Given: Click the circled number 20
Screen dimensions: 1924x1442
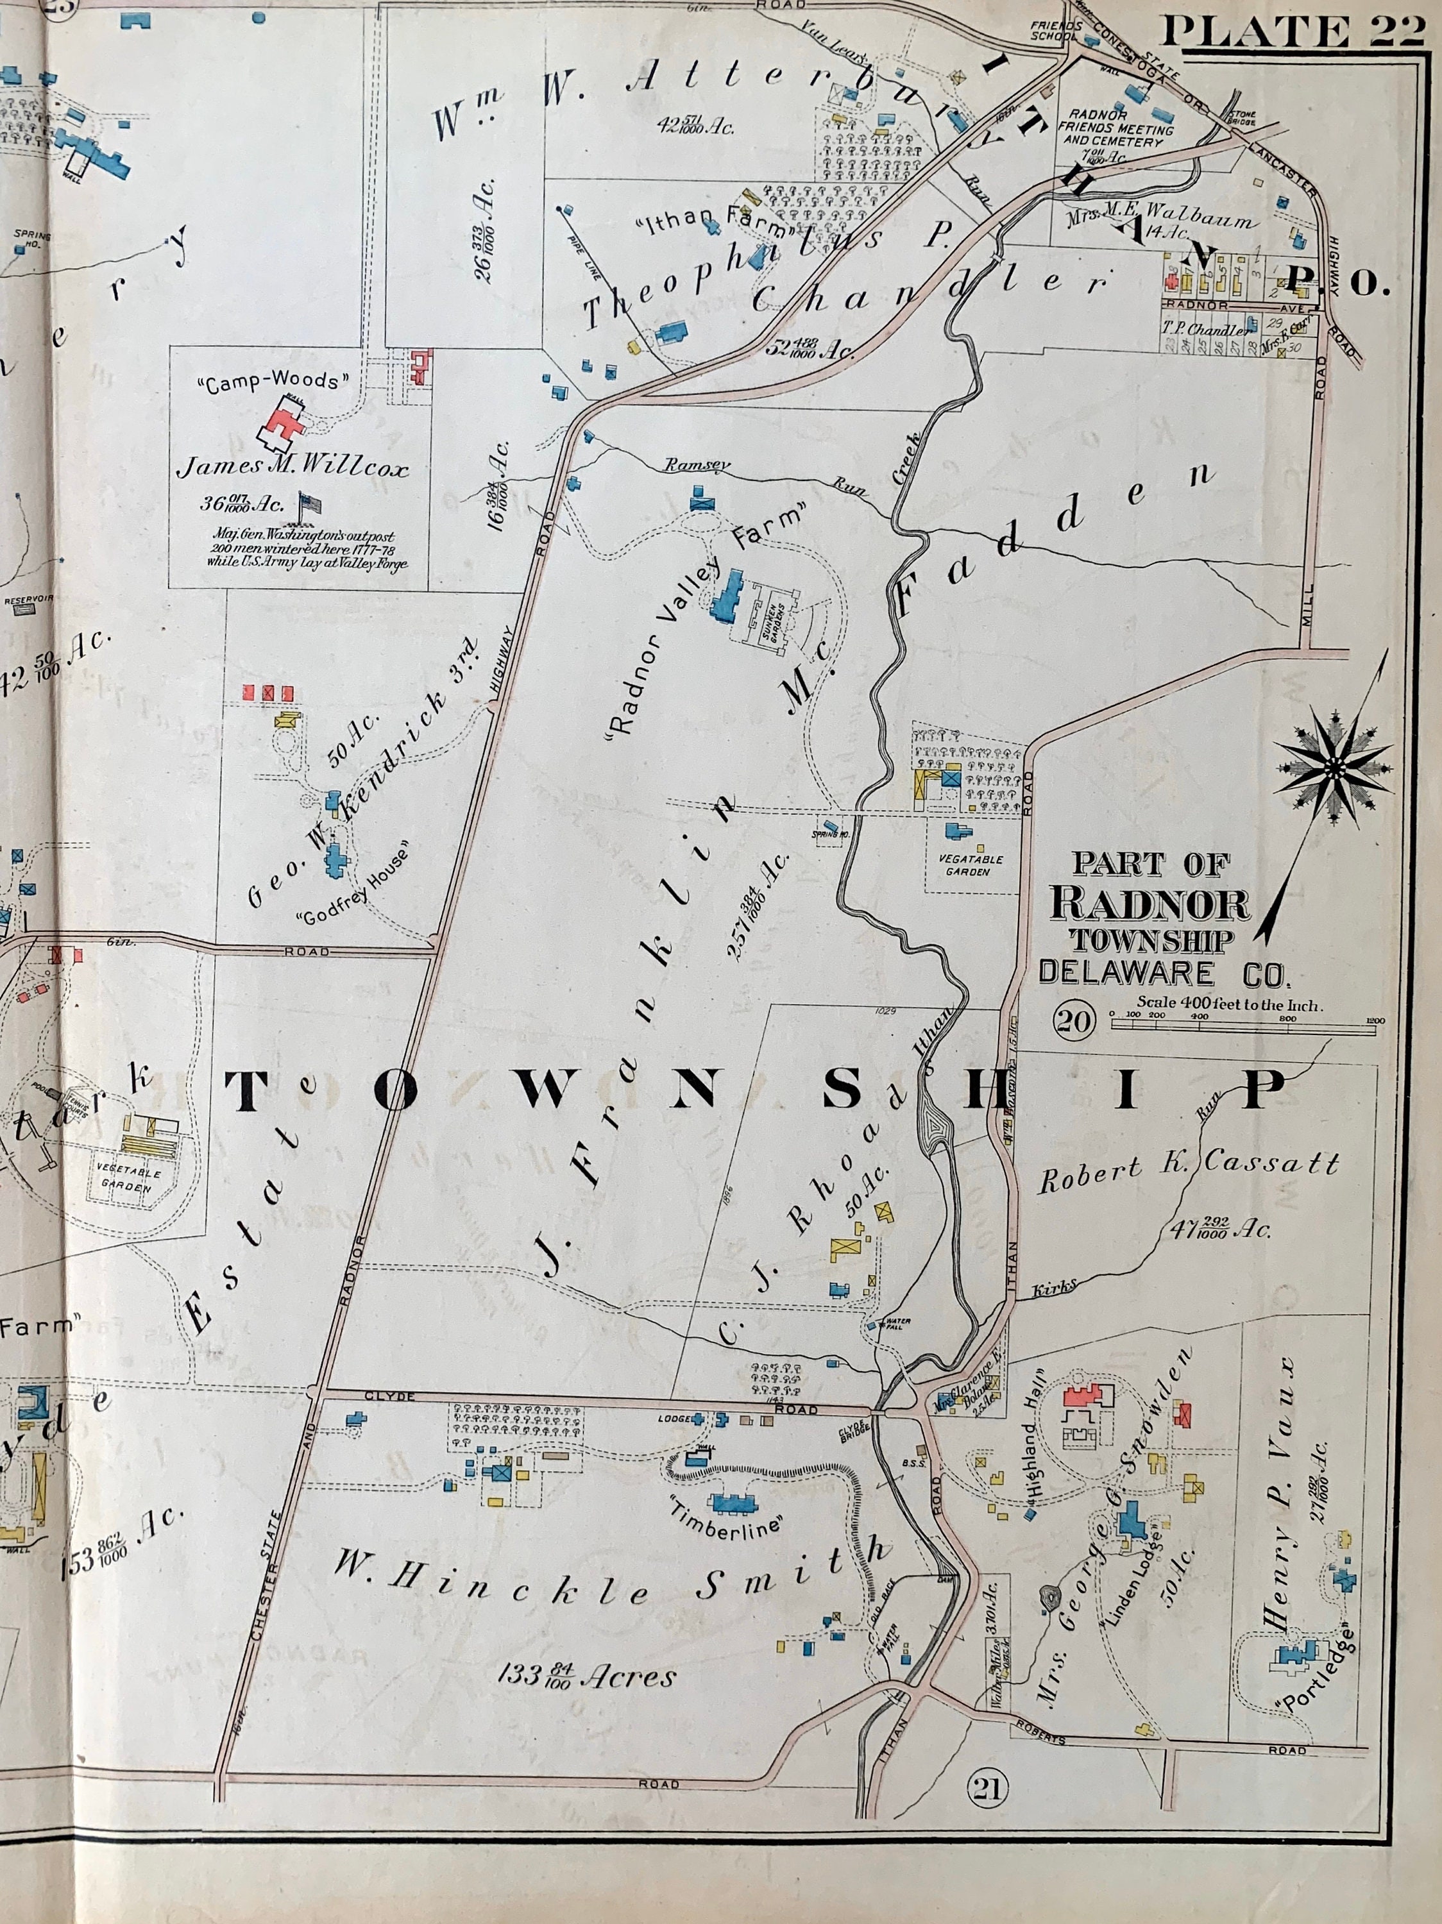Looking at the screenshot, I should coord(1073,1021).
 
